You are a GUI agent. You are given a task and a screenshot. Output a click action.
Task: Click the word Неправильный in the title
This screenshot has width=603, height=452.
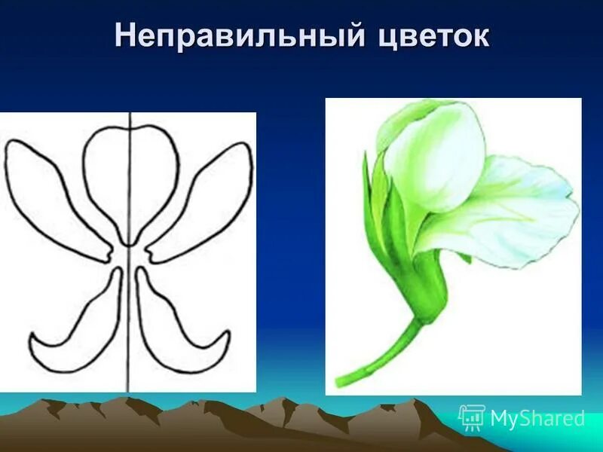[234, 37]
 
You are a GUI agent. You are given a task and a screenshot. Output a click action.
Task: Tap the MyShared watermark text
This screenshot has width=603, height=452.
[537, 418]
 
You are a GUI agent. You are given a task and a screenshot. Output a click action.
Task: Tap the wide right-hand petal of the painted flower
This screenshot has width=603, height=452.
[520, 211]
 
